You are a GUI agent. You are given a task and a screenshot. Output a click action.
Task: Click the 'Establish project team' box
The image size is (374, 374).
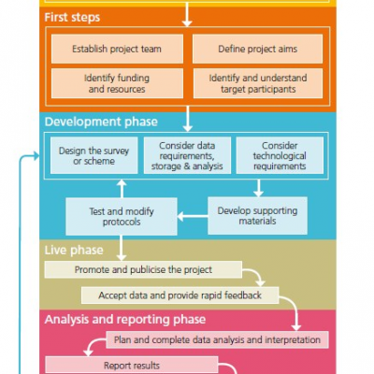click(117, 49)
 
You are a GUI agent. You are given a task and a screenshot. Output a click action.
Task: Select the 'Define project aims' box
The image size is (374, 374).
click(257, 49)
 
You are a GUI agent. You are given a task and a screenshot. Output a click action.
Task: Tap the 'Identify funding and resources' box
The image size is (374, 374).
click(117, 83)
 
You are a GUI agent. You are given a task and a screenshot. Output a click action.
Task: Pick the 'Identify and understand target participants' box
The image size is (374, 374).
click(258, 83)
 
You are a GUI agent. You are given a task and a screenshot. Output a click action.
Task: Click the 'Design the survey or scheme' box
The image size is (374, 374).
click(93, 155)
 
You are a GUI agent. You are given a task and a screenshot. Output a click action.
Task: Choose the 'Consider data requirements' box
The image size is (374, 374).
click(187, 155)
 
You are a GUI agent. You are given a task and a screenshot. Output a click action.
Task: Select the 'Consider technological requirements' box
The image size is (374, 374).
click(280, 155)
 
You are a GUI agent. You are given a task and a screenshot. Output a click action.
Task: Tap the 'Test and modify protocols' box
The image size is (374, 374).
click(122, 217)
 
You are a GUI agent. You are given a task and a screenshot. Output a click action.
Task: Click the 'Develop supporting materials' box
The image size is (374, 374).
click(257, 216)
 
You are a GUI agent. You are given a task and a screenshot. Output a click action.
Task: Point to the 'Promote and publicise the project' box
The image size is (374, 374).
click(143, 269)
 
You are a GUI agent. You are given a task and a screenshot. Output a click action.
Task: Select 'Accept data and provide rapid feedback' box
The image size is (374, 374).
click(180, 295)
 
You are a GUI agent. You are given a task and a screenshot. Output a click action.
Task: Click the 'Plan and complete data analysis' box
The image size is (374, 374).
click(217, 339)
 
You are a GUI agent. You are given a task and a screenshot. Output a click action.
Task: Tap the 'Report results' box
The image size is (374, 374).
click(132, 366)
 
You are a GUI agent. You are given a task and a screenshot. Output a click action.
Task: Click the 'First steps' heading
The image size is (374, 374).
click(72, 18)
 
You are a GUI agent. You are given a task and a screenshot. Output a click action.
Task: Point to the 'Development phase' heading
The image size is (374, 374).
click(101, 122)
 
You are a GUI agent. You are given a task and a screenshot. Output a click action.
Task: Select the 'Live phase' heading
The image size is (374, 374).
click(74, 250)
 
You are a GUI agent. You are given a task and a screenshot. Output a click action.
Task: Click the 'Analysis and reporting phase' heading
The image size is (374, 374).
click(125, 320)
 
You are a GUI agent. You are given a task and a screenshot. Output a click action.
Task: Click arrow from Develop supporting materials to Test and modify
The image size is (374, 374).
click(193, 216)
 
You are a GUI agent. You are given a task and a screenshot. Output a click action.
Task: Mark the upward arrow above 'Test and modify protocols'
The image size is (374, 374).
click(122, 189)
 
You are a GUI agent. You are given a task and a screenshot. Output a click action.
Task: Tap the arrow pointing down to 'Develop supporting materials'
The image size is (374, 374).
click(258, 188)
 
